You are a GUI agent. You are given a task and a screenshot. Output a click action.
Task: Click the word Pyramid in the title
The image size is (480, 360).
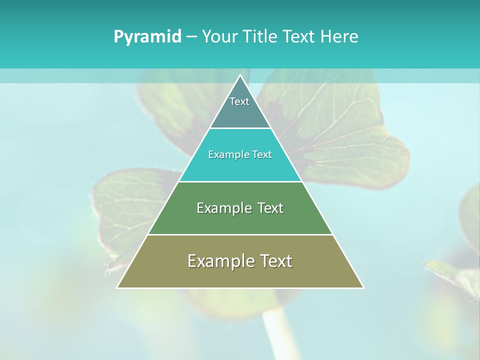(x=147, y=36)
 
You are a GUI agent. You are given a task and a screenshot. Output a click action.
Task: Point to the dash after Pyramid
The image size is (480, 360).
(x=191, y=37)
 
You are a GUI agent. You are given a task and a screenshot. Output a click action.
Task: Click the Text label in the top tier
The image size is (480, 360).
(x=239, y=101)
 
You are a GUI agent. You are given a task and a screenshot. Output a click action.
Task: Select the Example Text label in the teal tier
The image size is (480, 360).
(x=240, y=154)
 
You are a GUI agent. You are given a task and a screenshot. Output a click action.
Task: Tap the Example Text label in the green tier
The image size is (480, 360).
(x=240, y=208)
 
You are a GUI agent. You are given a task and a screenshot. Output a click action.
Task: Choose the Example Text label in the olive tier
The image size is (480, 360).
(x=240, y=261)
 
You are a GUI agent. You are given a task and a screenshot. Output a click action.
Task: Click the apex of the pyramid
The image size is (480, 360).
(x=240, y=76)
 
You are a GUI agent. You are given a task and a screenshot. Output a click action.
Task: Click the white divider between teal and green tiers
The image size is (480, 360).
(x=240, y=181)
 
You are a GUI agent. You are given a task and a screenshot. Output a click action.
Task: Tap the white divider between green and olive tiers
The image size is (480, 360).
(x=240, y=234)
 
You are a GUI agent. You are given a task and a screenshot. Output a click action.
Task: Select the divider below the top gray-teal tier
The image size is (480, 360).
(x=240, y=128)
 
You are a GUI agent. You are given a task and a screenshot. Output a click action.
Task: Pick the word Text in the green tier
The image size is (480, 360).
(x=270, y=208)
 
